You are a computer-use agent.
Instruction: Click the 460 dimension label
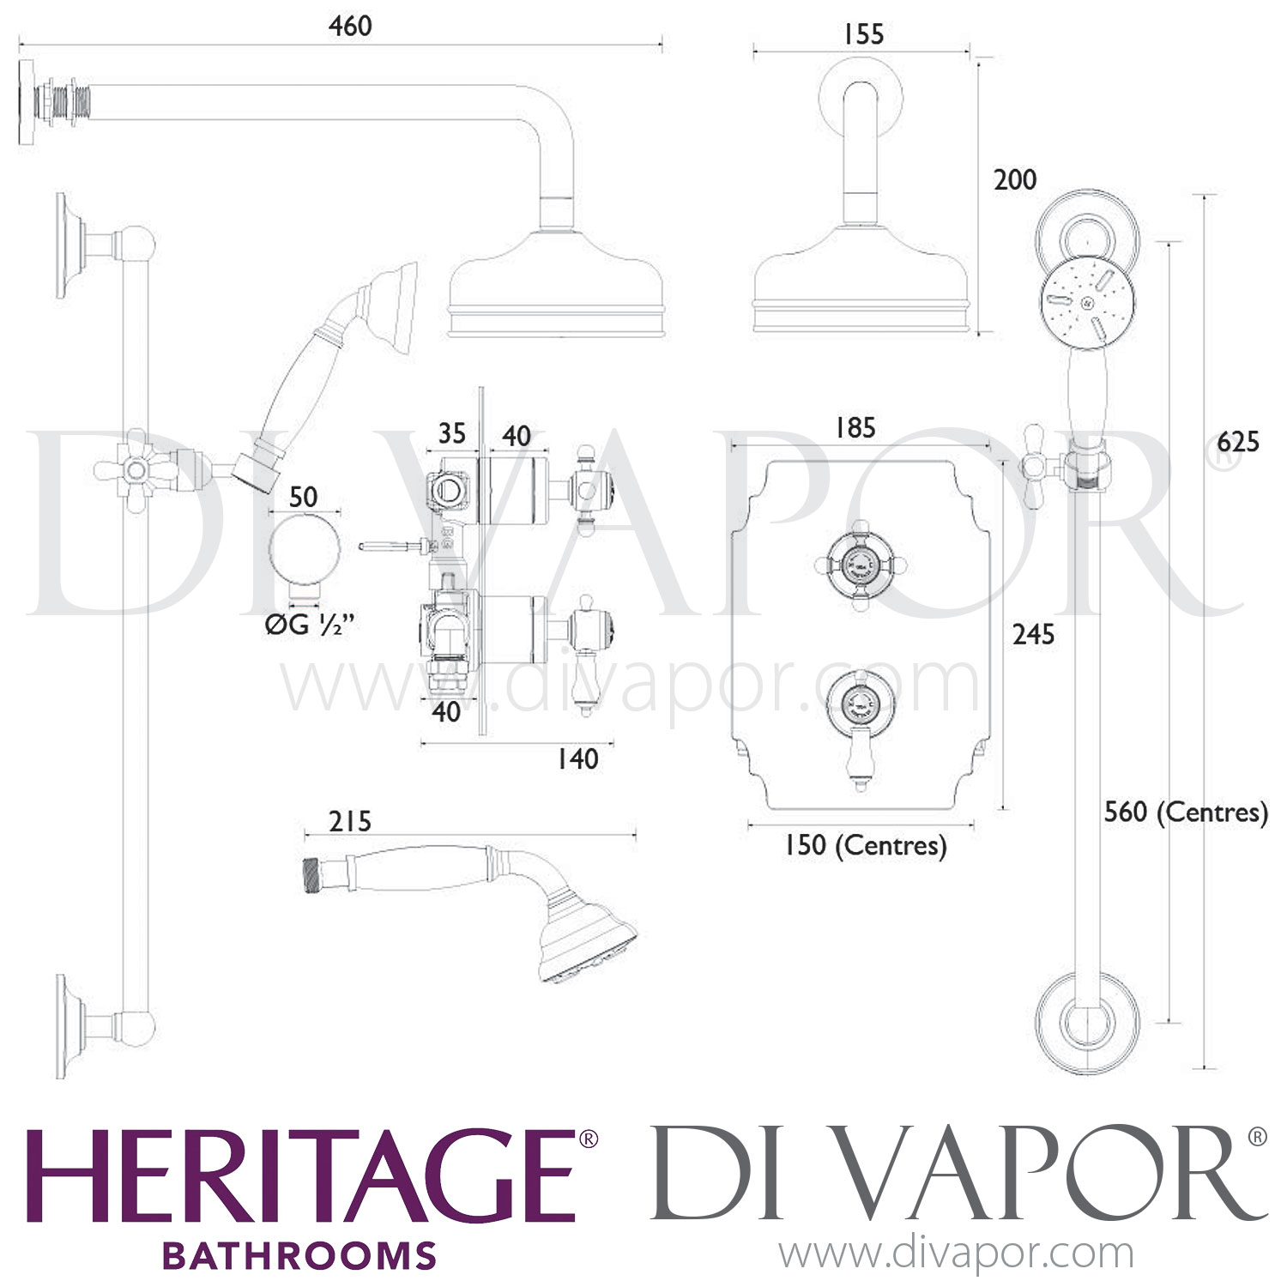[x=350, y=26]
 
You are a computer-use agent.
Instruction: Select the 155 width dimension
[x=862, y=34]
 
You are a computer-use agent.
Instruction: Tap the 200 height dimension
[x=1015, y=179]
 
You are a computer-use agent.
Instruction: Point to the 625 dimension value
[x=1238, y=442]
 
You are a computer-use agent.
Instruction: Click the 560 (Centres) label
[x=1186, y=812]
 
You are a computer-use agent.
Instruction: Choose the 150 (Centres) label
[x=865, y=846]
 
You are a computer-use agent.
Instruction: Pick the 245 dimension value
[x=1033, y=634]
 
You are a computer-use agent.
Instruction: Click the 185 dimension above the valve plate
[x=855, y=427]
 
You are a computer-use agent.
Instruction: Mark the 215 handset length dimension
[x=351, y=821]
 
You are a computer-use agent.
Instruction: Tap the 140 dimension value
[x=577, y=758]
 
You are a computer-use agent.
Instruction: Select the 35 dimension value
[x=451, y=433]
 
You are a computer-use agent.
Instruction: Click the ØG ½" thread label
[x=309, y=626]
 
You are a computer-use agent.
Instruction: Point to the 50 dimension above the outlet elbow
[x=304, y=496]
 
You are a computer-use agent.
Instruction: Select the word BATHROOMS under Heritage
[x=299, y=1255]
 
